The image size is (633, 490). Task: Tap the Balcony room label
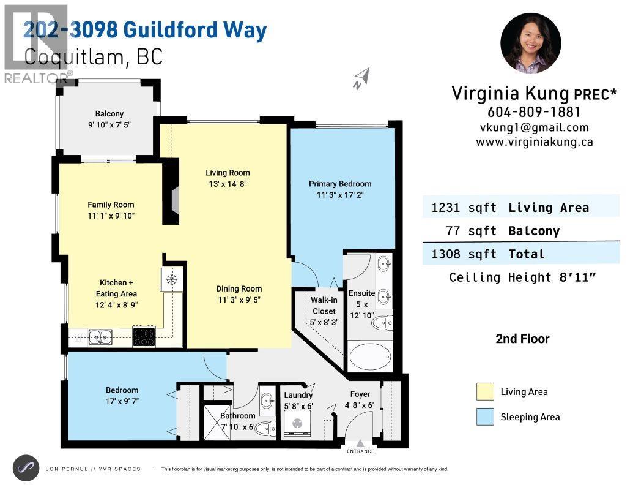(109, 114)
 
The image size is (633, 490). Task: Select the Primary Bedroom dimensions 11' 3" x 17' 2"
(339, 195)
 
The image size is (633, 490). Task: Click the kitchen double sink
(100, 337)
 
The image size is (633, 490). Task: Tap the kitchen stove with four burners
(144, 336)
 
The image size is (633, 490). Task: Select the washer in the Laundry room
(297, 423)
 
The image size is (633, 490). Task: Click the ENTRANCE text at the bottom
(360, 451)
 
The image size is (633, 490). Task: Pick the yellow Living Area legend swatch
(485, 391)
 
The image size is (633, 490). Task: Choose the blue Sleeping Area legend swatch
(485, 417)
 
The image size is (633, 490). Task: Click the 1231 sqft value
(464, 208)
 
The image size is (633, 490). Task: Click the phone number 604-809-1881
(533, 113)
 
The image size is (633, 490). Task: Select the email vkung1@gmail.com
(533, 127)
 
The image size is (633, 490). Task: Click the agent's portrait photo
(530, 43)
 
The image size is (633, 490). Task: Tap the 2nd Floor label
(522, 339)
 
